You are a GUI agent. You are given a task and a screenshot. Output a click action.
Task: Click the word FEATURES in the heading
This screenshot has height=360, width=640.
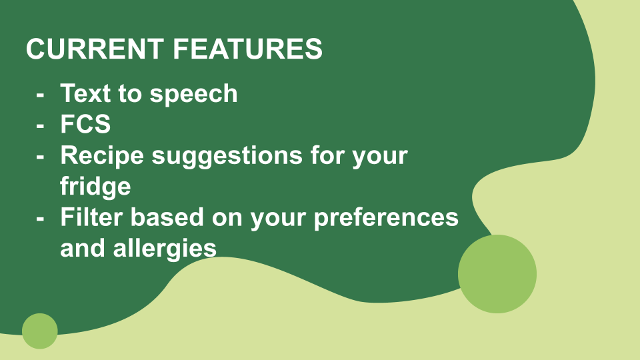pos(248,49)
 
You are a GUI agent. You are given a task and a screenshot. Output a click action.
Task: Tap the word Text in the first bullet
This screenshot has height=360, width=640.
pos(85,93)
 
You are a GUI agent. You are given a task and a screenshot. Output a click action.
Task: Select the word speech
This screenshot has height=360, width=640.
pos(193,94)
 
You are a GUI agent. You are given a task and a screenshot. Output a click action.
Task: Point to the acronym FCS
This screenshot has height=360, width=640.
pos(85,124)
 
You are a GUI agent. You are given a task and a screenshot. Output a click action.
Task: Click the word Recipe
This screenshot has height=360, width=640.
pos(102,156)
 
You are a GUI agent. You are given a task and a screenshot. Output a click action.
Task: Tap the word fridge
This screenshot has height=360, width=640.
pos(95,187)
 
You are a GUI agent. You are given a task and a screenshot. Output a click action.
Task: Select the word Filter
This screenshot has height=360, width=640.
pos(91,217)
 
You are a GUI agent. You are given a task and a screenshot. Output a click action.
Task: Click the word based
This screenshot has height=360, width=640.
pos(167,217)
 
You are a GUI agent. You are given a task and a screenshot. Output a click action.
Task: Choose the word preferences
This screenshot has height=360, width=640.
pos(386,218)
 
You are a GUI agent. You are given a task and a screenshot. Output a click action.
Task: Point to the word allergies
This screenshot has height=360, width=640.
pos(165,249)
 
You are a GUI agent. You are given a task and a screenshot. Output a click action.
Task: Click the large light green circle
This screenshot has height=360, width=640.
pos(497,274)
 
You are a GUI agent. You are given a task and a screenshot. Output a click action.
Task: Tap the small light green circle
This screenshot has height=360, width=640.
pos(39,331)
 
